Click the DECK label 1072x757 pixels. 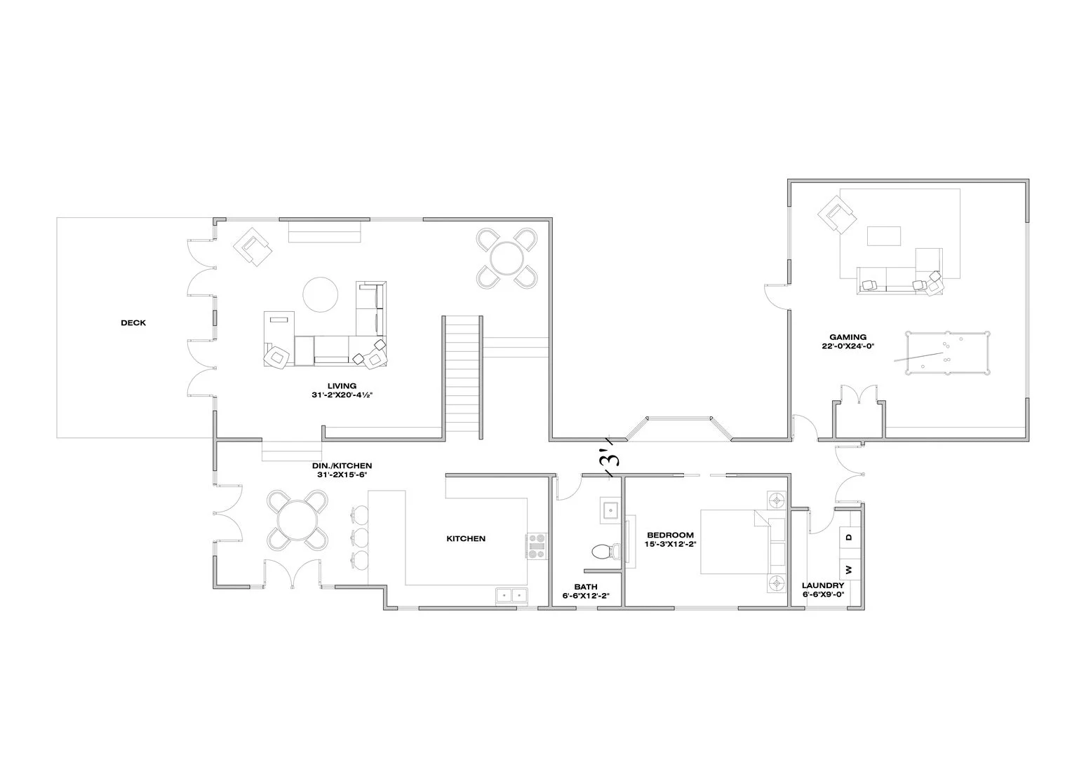point(133,323)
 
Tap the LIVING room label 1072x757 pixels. point(342,386)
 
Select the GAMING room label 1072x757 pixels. point(847,337)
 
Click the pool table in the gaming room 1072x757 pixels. point(946,353)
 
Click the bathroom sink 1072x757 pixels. point(610,510)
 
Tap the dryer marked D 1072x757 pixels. point(848,538)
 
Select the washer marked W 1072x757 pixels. point(848,569)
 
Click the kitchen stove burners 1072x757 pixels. point(537,547)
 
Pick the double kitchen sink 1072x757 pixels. point(511,595)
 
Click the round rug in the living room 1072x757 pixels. point(321,294)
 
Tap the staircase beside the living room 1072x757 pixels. point(462,376)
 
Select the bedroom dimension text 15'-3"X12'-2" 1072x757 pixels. point(670,544)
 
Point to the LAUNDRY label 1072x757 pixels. point(822,585)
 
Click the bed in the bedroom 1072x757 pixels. point(737,542)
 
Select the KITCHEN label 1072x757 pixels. point(466,538)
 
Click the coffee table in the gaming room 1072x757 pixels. point(883,236)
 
